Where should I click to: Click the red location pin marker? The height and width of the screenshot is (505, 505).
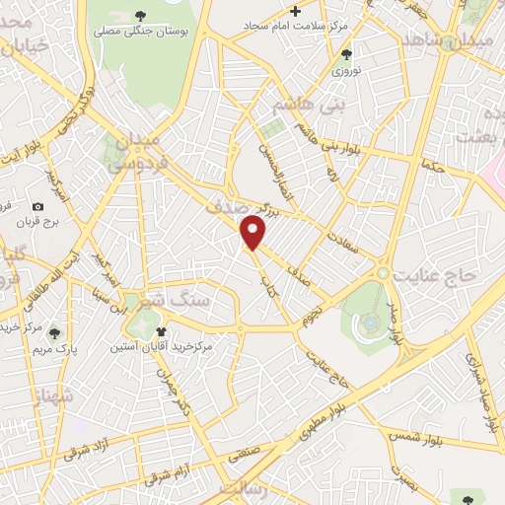tap(254, 233)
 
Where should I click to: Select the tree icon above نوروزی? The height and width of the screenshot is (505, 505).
tap(344, 55)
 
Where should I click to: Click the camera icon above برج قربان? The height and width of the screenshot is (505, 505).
tap(36, 207)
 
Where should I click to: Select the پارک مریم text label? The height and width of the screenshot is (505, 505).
tap(50, 350)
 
